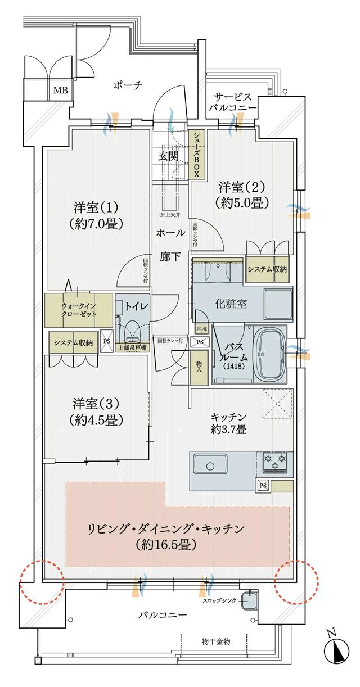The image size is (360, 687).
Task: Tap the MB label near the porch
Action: (59, 89)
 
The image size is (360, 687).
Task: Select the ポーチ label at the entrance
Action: (127, 85)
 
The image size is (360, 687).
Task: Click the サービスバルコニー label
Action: (232, 102)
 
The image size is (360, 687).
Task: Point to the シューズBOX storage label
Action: (197, 155)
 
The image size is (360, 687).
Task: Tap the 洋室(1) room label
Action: (97, 214)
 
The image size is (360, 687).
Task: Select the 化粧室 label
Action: (231, 304)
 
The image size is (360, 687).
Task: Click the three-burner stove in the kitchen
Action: (274, 462)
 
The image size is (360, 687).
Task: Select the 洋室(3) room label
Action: (97, 411)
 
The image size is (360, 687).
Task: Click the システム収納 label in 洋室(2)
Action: (267, 269)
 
